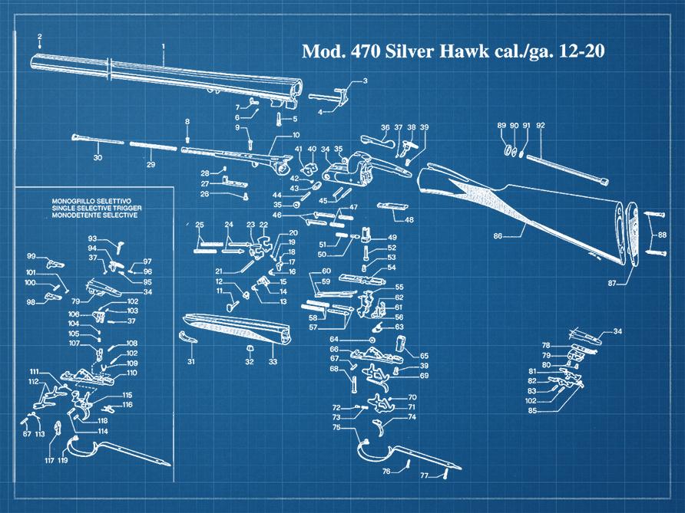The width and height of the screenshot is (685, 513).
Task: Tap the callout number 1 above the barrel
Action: (164, 48)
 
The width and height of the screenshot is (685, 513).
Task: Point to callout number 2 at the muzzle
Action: (39, 37)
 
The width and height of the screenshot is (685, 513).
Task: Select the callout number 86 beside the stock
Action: (498, 237)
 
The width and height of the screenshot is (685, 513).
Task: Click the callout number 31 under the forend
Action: (191, 361)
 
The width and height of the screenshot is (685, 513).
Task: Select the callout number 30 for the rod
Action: (98, 158)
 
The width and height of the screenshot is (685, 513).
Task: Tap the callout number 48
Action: (409, 220)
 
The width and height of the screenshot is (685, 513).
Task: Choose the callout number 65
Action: (424, 356)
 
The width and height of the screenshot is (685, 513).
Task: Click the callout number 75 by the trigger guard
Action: (336, 428)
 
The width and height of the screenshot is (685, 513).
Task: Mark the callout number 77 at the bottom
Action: (423, 476)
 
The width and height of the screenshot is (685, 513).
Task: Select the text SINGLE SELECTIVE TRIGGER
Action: (94, 209)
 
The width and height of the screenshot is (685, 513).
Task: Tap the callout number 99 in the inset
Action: (31, 255)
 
